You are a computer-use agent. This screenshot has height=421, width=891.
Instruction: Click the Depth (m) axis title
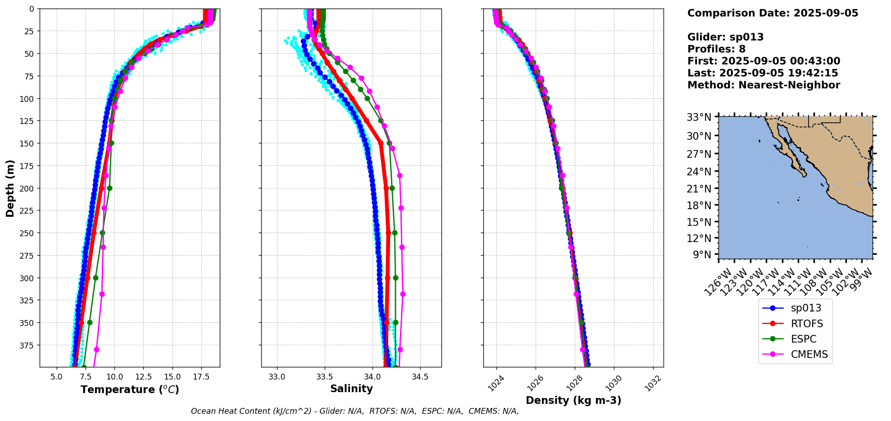[10, 188]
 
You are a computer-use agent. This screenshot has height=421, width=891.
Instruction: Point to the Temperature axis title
[130, 389]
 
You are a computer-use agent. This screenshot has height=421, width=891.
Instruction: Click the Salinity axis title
[351, 389]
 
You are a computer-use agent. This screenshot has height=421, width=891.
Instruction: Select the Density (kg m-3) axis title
[573, 400]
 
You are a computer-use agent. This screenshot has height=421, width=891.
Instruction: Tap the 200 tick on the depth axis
[27, 188]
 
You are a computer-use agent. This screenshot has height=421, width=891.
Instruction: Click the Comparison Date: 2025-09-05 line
[773, 13]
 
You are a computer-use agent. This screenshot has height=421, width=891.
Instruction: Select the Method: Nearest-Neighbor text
[764, 85]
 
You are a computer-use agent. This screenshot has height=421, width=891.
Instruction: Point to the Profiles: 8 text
[716, 49]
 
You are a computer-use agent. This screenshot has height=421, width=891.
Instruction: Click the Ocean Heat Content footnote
[355, 411]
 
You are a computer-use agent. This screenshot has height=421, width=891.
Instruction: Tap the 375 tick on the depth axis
[27, 345]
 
